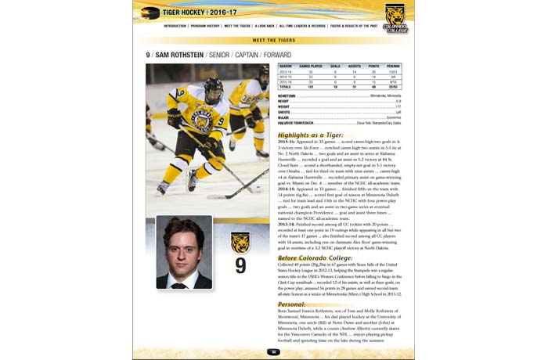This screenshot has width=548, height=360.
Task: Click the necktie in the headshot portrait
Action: point(185,279)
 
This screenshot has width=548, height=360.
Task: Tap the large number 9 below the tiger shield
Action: point(240,265)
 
